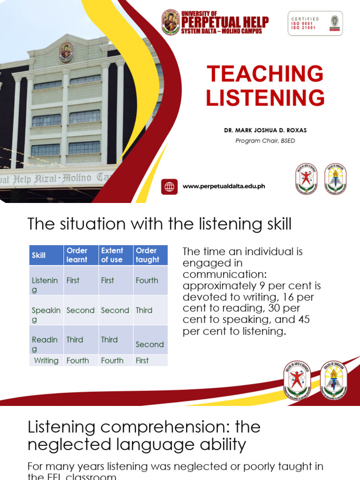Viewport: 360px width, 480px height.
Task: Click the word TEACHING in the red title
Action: point(265,74)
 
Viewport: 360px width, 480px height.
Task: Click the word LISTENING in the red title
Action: point(265,98)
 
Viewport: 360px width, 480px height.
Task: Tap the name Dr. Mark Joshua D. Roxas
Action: point(265,131)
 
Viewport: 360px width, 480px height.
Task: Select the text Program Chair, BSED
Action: point(265,141)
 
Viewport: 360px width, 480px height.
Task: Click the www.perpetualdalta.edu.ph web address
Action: point(224,186)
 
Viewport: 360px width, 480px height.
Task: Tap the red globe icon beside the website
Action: point(169,187)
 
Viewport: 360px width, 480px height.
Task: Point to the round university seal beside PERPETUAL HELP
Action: point(171,22)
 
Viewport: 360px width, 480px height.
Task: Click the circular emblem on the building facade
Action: point(66,52)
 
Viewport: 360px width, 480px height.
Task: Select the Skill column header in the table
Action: point(39,255)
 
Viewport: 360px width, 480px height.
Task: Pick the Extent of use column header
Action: point(112,255)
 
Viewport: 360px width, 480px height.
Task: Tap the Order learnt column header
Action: point(77,255)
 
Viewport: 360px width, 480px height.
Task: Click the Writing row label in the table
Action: point(46,360)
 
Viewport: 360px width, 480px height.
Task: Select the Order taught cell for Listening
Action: point(147,280)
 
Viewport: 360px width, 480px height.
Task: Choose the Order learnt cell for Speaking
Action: point(81,310)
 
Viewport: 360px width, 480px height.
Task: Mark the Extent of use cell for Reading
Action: point(109,340)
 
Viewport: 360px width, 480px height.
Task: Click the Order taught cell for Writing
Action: point(142,360)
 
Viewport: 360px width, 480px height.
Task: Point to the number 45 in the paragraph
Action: point(304,320)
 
